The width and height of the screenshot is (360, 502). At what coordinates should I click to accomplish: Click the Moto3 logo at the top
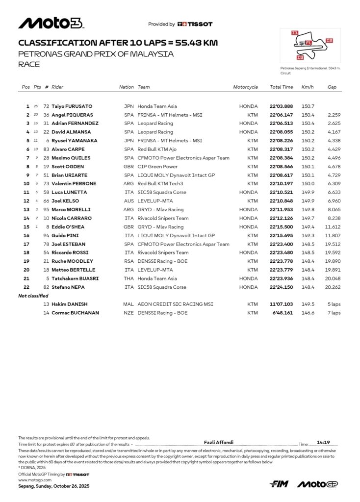click(x=51, y=23)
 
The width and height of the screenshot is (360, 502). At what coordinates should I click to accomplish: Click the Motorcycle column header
click(x=245, y=87)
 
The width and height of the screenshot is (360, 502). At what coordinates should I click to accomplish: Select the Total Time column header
click(x=282, y=87)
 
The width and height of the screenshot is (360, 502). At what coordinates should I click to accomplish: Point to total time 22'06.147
click(x=282, y=115)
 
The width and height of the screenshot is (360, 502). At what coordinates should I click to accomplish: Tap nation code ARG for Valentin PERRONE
click(x=129, y=184)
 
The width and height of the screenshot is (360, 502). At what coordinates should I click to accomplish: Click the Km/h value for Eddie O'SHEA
click(x=308, y=227)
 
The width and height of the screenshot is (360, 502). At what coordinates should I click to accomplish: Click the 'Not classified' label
click(x=33, y=296)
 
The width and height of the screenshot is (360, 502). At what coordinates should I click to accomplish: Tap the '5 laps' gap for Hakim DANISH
click(x=334, y=304)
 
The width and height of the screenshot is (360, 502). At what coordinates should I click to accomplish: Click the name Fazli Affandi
click(x=218, y=442)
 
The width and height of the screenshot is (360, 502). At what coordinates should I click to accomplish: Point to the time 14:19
click(x=323, y=442)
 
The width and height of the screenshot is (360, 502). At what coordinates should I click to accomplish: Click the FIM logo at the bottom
click(x=280, y=484)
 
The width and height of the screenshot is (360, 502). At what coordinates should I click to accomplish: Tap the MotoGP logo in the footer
click(x=317, y=484)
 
